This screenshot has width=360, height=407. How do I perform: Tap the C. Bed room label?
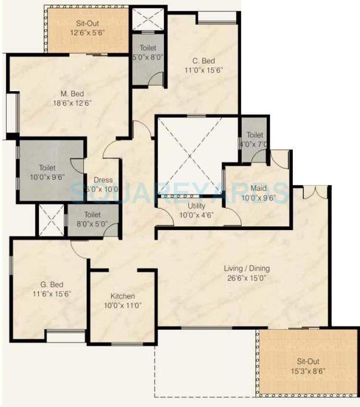point(204,61)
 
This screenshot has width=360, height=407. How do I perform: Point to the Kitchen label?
point(123,296)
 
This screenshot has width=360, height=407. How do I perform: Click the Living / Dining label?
point(247,268)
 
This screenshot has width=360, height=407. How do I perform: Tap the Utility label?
point(197,206)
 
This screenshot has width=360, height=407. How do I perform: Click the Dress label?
point(103,180)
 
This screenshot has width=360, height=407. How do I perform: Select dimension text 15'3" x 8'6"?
point(308,370)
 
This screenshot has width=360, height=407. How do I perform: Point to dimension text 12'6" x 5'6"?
point(88,33)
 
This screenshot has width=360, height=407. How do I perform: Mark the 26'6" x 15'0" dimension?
point(247,278)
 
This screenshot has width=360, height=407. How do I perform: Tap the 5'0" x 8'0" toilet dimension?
point(148,57)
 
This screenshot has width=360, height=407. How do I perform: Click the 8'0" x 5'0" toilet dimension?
point(93,223)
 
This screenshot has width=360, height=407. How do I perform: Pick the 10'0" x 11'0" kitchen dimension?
point(123,306)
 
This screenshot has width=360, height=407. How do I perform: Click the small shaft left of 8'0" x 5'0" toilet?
point(51,221)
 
